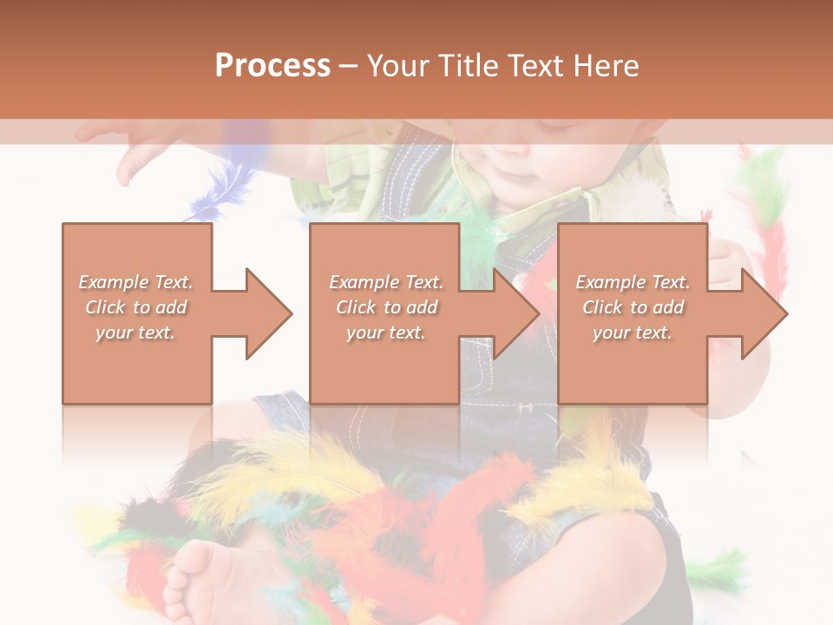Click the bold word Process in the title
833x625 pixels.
(x=272, y=66)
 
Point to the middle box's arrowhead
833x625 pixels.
(x=515, y=313)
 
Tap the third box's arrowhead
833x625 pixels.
(x=764, y=313)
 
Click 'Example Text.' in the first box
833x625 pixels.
(x=136, y=282)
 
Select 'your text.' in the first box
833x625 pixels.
(x=136, y=332)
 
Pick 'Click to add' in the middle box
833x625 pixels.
(x=386, y=307)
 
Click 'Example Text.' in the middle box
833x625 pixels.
(x=386, y=282)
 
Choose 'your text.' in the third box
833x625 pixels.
(x=633, y=332)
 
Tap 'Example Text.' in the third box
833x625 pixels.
(x=633, y=282)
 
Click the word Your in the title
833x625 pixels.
(x=398, y=66)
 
